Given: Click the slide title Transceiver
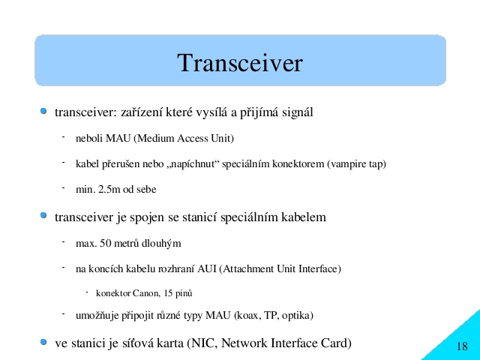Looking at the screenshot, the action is click(x=240, y=63).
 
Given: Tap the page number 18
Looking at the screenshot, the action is click(x=462, y=346).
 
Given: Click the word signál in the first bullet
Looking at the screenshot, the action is click(x=298, y=112).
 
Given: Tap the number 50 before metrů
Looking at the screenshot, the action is click(x=105, y=243).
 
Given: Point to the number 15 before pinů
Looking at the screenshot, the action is click(x=168, y=293).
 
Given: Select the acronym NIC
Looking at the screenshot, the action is click(x=204, y=343).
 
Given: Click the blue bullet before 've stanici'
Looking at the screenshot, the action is click(x=43, y=342).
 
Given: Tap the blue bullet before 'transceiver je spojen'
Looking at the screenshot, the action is click(x=43, y=215).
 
